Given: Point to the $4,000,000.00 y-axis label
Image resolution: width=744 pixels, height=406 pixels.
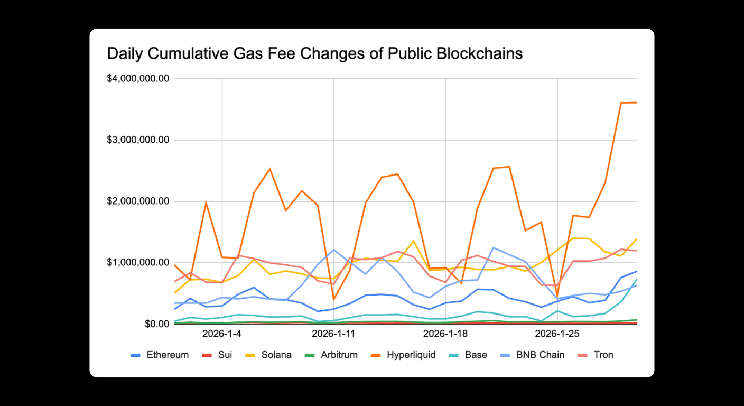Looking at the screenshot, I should click(x=138, y=79).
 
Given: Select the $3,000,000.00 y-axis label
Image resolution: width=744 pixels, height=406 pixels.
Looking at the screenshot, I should click(x=138, y=140).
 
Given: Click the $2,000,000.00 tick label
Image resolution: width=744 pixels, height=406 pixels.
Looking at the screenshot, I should click(x=138, y=201).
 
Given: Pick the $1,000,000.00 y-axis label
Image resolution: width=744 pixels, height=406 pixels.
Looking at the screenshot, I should click(x=138, y=263).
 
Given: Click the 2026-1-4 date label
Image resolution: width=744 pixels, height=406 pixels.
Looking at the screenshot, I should click(x=222, y=334).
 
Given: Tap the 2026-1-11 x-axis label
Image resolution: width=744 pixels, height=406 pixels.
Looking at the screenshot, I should click(x=333, y=334).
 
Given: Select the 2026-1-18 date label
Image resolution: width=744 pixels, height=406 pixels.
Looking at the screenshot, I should click(x=445, y=334).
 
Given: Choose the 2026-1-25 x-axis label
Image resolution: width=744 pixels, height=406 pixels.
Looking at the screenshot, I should click(x=557, y=334).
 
